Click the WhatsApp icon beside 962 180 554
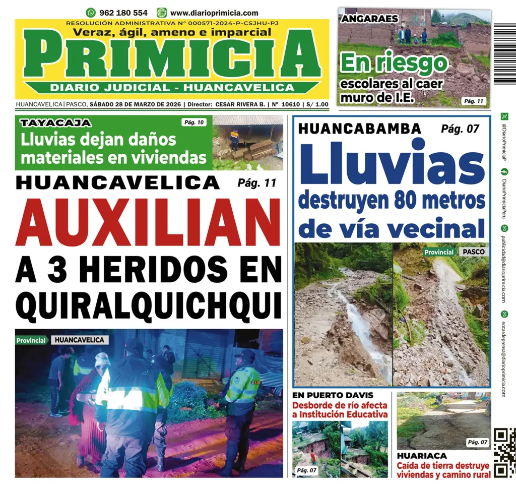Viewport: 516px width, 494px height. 91,13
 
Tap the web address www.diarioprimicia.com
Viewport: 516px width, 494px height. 214,13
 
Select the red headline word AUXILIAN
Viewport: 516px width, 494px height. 148,222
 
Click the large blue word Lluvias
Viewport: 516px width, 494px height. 392,164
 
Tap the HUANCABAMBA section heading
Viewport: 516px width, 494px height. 360,129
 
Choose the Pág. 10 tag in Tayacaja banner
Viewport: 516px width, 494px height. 193,122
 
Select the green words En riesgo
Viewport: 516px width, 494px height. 394,64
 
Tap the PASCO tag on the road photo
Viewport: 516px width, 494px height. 473,252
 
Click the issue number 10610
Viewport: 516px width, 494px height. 291,105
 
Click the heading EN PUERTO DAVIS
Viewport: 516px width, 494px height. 333,395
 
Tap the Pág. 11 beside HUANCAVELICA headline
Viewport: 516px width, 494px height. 256,183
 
